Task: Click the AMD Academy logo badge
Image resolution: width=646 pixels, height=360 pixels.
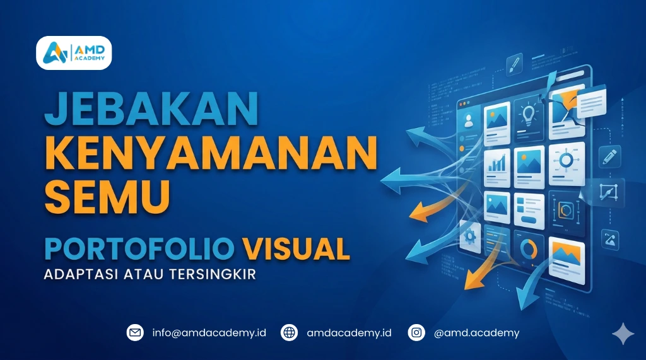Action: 74,53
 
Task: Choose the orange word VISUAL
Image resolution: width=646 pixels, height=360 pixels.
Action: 297,248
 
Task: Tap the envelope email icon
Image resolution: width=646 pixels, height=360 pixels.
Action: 135,332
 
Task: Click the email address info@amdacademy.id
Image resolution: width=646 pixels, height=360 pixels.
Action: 209,332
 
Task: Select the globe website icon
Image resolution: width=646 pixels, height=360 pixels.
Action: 290,332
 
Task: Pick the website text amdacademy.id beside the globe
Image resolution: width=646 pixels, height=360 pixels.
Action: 349,332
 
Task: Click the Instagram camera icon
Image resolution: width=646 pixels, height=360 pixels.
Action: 416,332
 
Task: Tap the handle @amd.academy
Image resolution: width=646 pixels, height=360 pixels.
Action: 476,332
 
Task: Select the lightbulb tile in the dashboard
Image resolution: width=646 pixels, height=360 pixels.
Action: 529,117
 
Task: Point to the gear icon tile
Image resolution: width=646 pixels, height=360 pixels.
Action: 469,236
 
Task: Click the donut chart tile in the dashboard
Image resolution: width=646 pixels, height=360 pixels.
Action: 529,248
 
